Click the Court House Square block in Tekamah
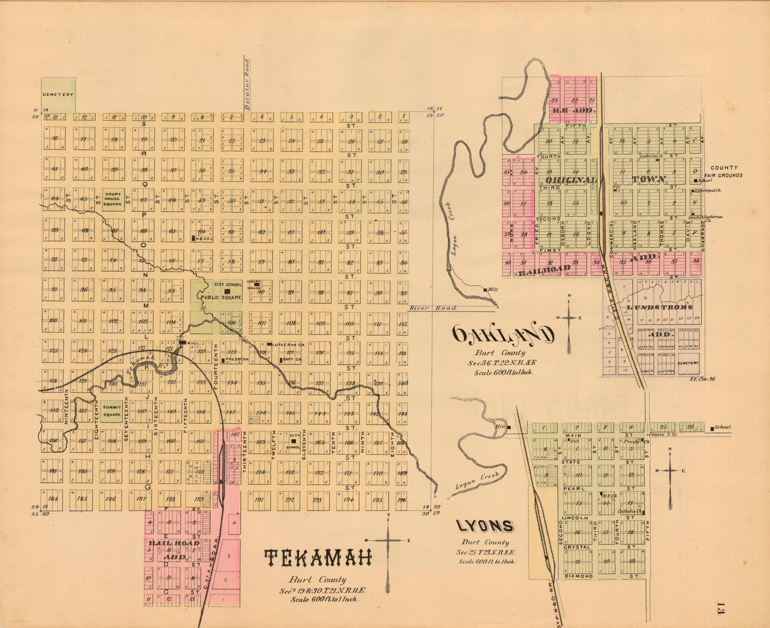click(x=113, y=199)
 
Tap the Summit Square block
click(x=112, y=411)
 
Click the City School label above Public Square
click(x=228, y=285)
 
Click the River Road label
click(x=432, y=308)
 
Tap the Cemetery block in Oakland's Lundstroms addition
click(x=688, y=363)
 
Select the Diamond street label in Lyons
click(x=578, y=576)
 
